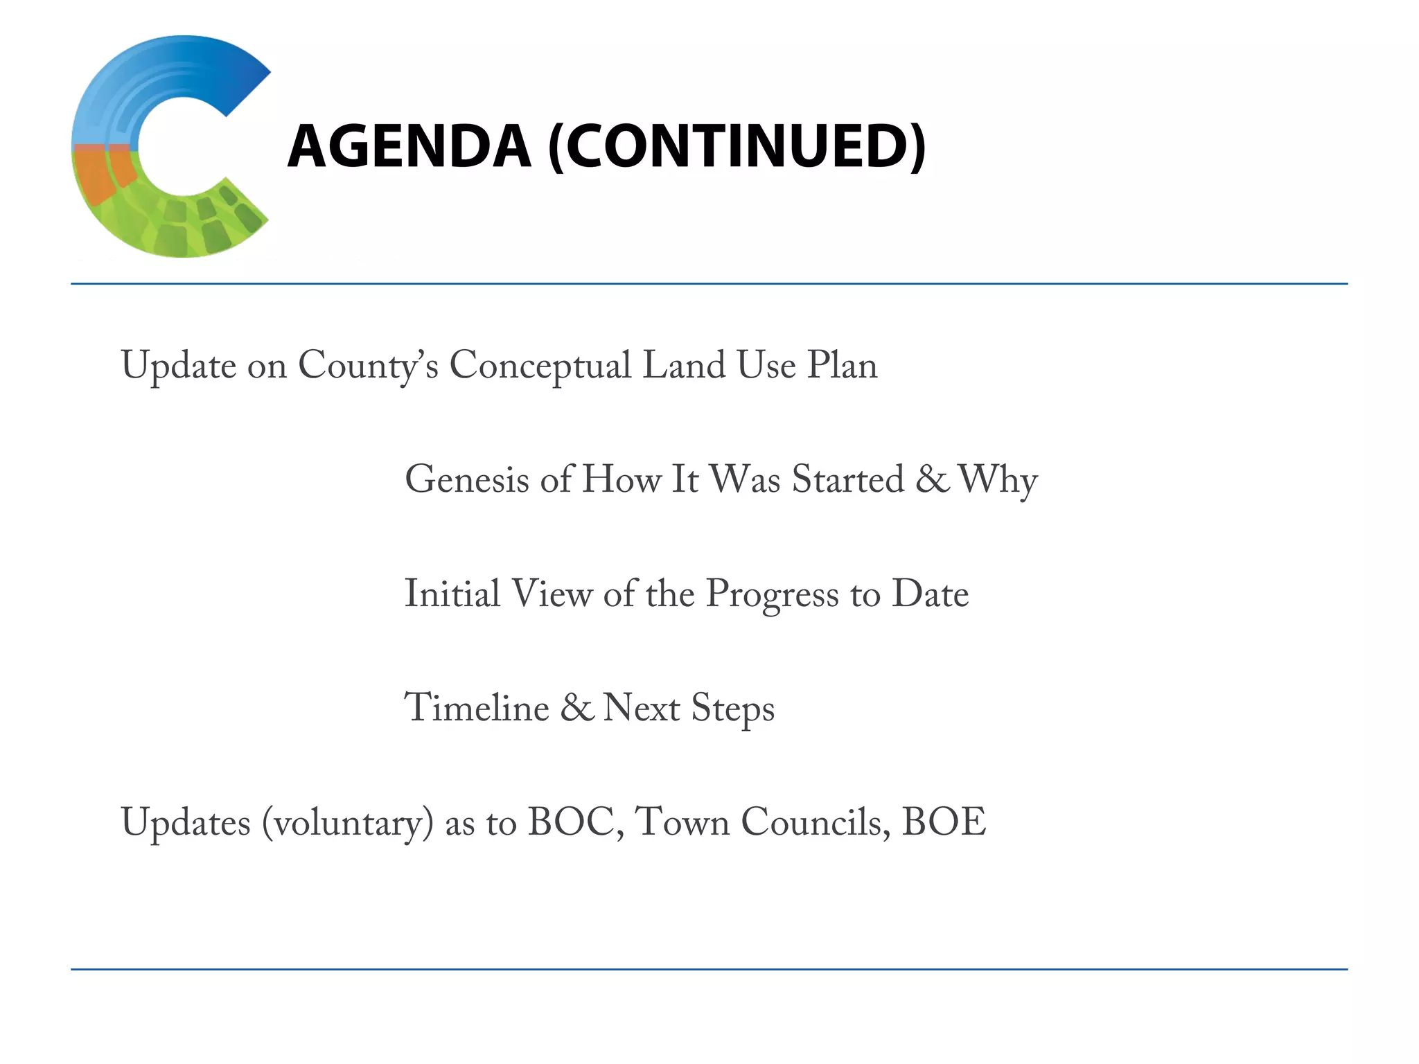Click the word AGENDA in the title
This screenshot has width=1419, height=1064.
(409, 146)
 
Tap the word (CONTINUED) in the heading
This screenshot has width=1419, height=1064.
(737, 146)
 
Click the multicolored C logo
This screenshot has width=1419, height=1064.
(170, 146)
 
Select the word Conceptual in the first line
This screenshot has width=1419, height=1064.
(540, 366)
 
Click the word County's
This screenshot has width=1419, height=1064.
(368, 366)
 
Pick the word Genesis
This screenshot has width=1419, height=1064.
(468, 479)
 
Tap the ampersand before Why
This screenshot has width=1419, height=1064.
(933, 479)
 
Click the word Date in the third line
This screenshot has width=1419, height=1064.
(930, 594)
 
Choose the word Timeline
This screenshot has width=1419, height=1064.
(477, 708)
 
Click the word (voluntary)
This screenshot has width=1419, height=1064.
(348, 823)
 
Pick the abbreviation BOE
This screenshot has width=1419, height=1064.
(944, 822)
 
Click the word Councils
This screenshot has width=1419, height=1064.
(815, 822)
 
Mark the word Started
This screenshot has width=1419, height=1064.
(848, 479)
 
